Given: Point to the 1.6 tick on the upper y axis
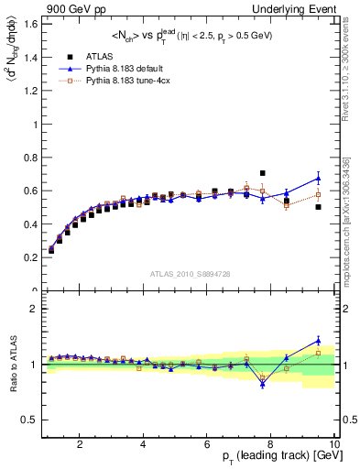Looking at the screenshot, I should point(31,23).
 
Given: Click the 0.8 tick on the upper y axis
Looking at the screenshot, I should point(31,157).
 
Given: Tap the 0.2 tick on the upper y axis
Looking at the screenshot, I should point(31,257).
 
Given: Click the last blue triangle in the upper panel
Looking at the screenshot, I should point(318,178).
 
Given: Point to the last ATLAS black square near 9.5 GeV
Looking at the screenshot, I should point(318,207).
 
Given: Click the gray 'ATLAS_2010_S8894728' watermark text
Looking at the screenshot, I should point(190,273).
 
